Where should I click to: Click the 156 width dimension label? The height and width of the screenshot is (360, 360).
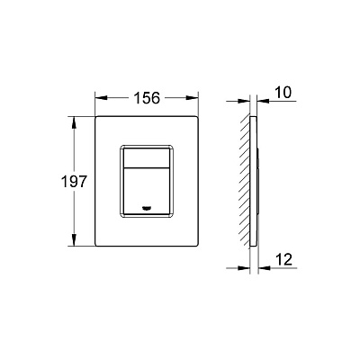click(x=147, y=98)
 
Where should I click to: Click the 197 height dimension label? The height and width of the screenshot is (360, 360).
click(x=74, y=182)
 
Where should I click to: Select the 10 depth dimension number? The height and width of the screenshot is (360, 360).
click(x=283, y=93)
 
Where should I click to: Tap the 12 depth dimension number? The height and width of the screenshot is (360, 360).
click(x=283, y=259)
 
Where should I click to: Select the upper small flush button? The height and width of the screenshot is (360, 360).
click(x=147, y=157)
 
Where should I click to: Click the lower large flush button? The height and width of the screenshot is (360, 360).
click(x=147, y=191)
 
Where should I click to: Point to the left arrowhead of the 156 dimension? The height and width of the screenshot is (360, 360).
click(x=101, y=98)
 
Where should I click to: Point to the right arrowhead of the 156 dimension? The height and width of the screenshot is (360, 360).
click(x=193, y=98)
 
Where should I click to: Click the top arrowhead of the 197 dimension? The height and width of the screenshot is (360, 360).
click(x=74, y=122)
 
